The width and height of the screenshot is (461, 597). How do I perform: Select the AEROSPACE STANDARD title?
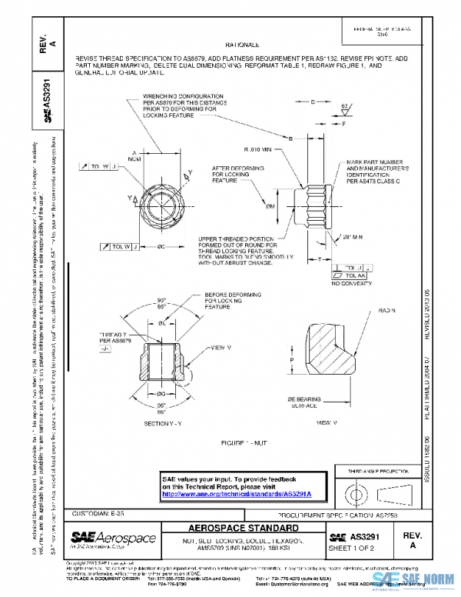pos(244,529)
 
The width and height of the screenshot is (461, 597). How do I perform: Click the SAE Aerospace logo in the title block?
pos(113,537)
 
